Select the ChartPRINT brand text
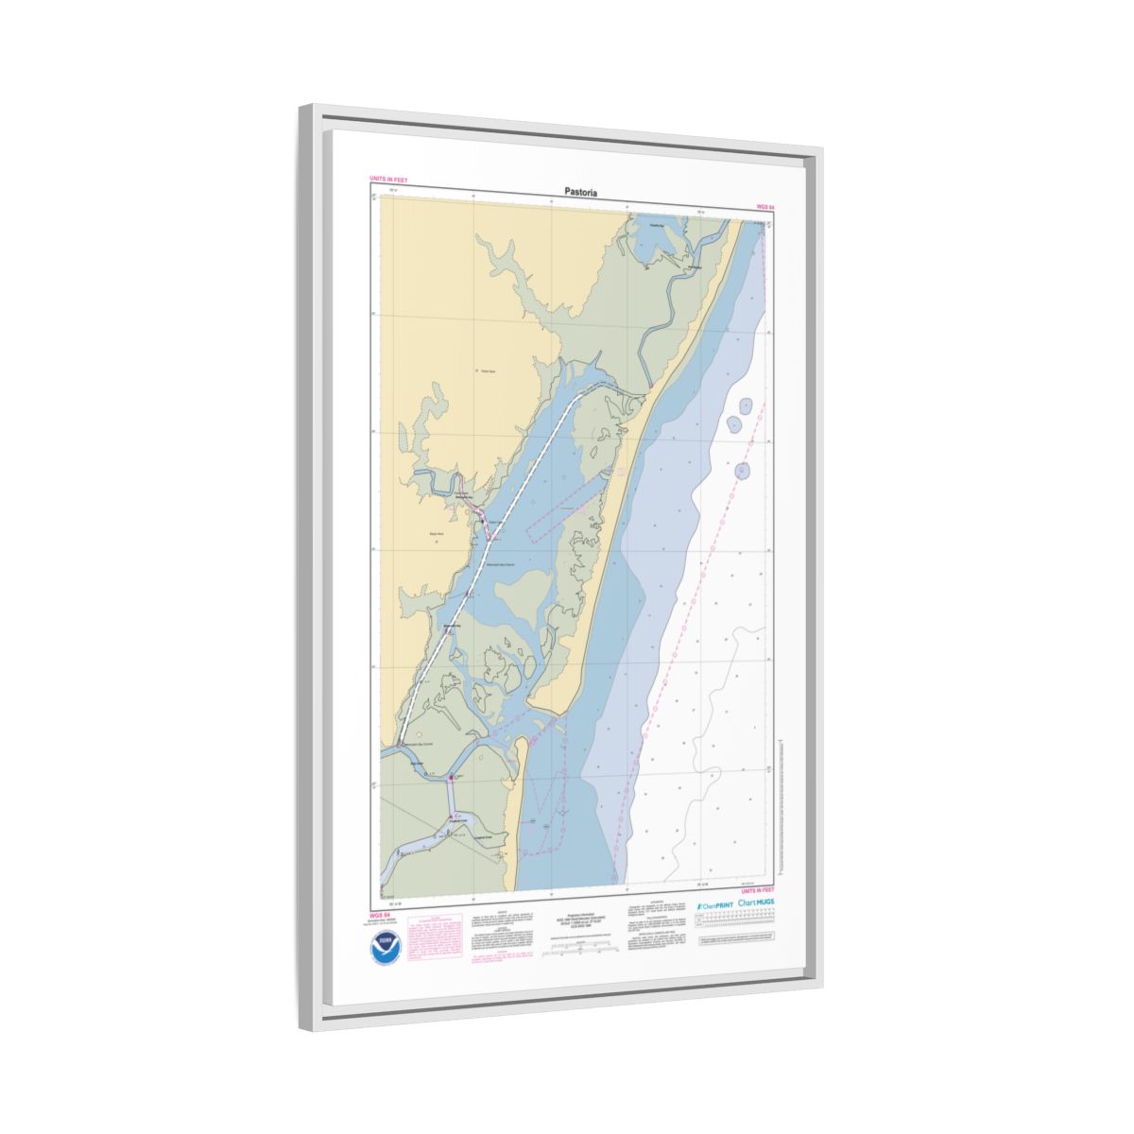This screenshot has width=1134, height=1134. coord(714,905)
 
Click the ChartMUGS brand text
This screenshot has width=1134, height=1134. coord(757,904)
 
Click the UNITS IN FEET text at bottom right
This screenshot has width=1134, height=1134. coord(757,890)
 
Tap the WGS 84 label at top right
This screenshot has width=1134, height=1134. coord(765,205)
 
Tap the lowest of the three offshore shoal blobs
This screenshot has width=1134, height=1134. coord(743,470)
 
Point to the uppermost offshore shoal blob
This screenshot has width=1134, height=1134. coord(747,406)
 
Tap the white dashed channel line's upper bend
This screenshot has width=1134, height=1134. coord(576,398)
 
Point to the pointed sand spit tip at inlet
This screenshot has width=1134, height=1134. coord(527,709)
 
